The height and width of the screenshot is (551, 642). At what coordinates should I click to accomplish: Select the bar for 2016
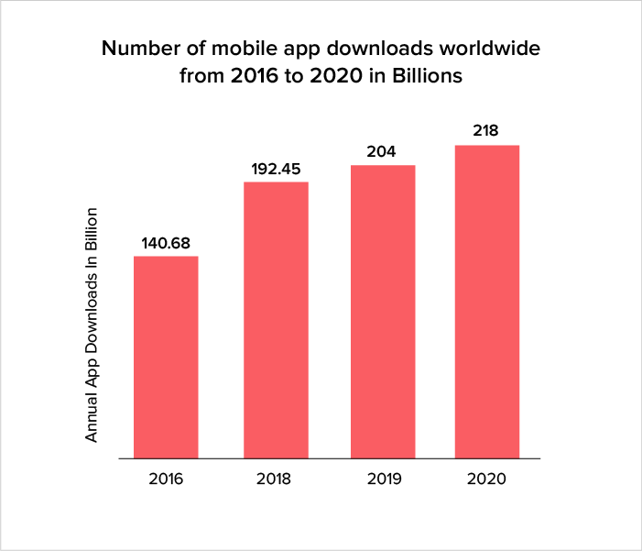[x=166, y=357]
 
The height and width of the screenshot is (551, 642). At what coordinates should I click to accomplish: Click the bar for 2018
[x=275, y=320]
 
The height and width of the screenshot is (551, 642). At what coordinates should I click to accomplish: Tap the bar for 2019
[x=383, y=312]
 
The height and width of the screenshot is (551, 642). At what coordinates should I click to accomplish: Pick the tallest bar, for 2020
[x=487, y=302]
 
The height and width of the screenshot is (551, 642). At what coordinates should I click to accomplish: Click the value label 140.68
[x=166, y=244]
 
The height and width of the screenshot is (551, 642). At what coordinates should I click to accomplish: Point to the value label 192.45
[x=275, y=170]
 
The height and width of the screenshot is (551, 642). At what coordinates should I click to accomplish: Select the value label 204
[x=383, y=152]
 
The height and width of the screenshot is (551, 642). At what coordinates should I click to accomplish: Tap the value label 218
[x=486, y=131]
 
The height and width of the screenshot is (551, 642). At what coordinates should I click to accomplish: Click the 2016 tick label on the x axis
[x=166, y=479]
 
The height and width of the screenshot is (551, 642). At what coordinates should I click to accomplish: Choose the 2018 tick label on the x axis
[x=275, y=479]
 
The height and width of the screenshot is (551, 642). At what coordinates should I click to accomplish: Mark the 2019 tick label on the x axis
[x=383, y=479]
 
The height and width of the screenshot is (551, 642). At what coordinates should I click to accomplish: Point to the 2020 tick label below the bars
[x=487, y=479]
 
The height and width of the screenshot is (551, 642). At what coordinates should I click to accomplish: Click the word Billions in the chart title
[x=429, y=77]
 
